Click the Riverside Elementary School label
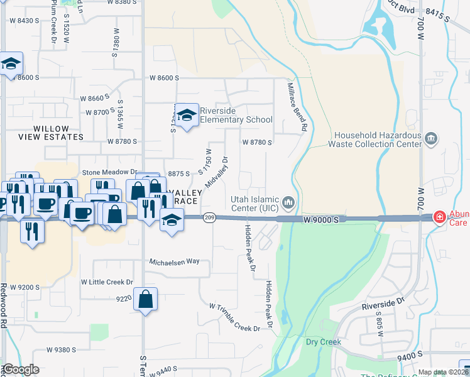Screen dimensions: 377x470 [236, 114]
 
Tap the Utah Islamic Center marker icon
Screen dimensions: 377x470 [288, 202]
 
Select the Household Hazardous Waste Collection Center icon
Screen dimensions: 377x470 [431, 138]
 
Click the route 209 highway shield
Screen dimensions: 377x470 [210, 217]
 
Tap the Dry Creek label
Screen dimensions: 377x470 [323, 342]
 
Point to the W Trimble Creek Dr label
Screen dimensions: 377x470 [234, 317]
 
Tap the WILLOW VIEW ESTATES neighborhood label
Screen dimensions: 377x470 [50, 132]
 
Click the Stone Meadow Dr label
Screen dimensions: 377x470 [109, 172]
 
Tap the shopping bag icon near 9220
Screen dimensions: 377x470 [145, 301]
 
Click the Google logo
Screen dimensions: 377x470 [21, 369]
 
